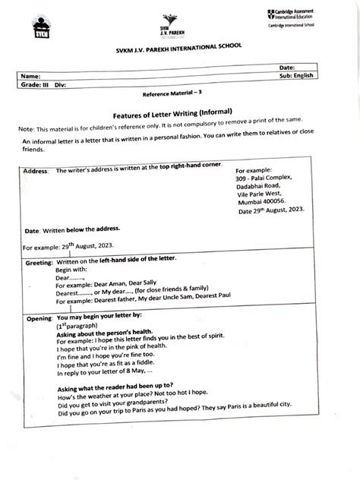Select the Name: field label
(31, 77)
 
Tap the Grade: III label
(33, 85)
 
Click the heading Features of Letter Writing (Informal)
(179, 112)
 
